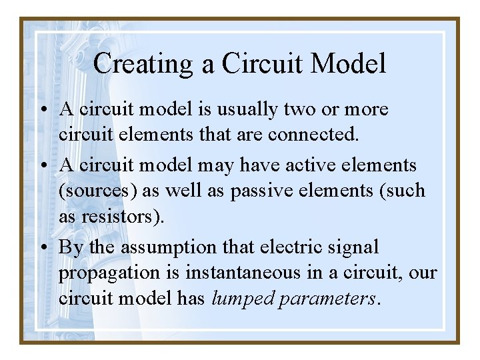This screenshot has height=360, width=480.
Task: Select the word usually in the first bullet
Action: (250, 109)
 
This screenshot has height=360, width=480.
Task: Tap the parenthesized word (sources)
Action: (95, 191)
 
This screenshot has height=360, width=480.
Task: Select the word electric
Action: (299, 247)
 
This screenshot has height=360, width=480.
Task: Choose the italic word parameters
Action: (327, 299)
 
